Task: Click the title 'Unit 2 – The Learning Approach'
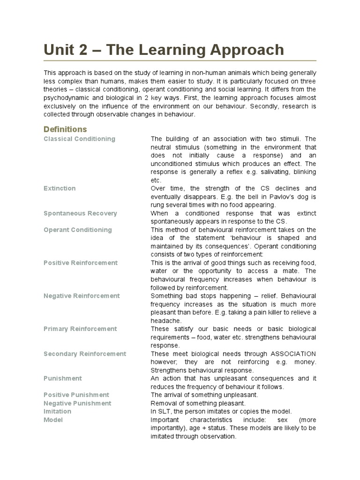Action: [164, 50]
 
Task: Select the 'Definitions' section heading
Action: [65, 129]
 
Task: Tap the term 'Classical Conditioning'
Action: [79, 139]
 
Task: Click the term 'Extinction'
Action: [60, 188]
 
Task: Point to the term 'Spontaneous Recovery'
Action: [80, 213]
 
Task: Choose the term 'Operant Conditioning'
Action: [77, 230]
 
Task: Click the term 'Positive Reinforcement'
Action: [81, 262]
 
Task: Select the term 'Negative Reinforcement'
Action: [82, 296]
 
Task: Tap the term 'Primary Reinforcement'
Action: [80, 329]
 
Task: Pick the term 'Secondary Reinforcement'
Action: [85, 353]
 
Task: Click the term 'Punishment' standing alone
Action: [62, 378]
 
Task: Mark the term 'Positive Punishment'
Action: [76, 395]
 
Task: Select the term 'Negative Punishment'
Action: [77, 403]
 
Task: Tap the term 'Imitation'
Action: [57, 411]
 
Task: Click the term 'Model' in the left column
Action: [53, 420]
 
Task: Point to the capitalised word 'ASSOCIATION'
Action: [292, 353]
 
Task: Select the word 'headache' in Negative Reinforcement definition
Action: [165, 321]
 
